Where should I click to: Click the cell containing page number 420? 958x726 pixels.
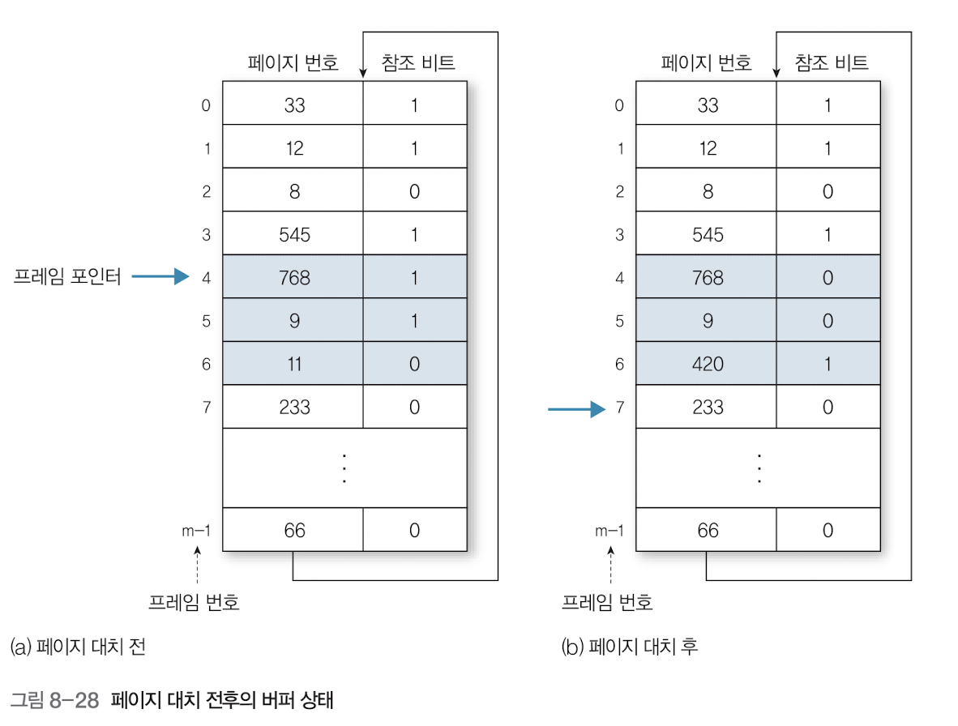pos(707,364)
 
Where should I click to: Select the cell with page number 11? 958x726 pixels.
pos(293,364)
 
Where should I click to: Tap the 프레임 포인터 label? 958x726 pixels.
pos(67,277)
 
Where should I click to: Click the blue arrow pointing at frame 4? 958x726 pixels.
pos(160,277)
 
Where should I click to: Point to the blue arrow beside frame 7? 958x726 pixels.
pos(576,408)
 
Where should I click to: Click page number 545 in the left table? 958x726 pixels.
pos(293,234)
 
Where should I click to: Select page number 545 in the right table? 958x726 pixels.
pos(707,234)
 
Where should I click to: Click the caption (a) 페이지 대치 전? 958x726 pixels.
pos(78,647)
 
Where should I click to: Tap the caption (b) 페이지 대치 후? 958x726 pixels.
pos(629,647)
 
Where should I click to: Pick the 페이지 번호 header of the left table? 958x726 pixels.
pos(293,62)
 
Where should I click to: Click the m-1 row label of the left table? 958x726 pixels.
pos(197,530)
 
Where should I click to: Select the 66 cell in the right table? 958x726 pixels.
pos(707,530)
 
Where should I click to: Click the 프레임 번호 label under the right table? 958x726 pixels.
pos(607,602)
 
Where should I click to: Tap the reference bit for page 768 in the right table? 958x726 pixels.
pos(828,277)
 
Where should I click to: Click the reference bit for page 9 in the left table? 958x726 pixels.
pos(414,321)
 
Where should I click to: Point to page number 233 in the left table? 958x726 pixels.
pos(293,407)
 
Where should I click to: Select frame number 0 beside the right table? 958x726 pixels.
pos(619,105)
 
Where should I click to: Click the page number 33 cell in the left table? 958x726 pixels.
pos(293,105)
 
